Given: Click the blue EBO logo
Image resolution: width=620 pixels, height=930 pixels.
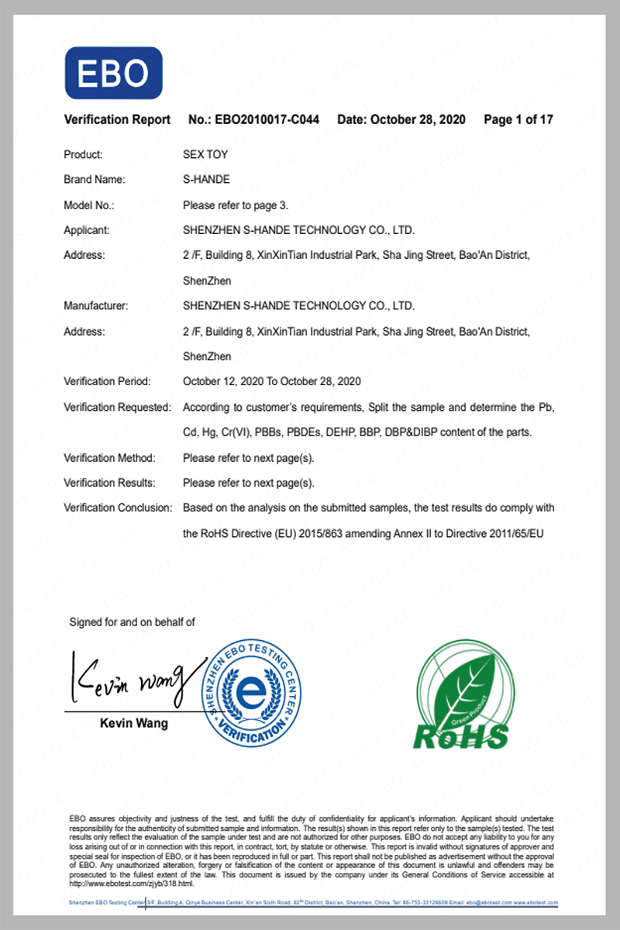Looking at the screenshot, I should pos(113,73).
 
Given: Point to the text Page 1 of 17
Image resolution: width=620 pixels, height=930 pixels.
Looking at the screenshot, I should pos(518,120).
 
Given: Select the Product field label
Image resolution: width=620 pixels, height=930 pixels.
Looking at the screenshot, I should pos(83,155).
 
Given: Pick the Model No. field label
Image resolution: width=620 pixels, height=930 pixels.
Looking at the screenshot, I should pos(89,205).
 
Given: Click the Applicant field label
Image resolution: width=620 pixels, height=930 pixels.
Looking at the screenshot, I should pos(87,230).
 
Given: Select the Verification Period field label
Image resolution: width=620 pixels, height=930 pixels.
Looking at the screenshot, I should pos(107,381).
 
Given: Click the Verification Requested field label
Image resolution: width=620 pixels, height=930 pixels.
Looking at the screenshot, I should pos(117,407).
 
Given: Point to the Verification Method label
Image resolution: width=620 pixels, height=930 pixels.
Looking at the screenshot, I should pos(109,458).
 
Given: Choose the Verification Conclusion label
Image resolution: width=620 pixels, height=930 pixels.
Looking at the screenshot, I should pos(118,508).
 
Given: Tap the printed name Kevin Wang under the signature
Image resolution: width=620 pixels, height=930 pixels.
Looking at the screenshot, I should pos(134,724).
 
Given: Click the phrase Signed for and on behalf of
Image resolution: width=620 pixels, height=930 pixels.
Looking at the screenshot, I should pos(133,622).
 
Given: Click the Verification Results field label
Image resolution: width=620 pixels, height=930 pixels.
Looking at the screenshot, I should pos(109,483).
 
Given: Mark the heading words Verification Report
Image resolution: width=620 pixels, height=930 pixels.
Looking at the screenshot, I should pos(117,120).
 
